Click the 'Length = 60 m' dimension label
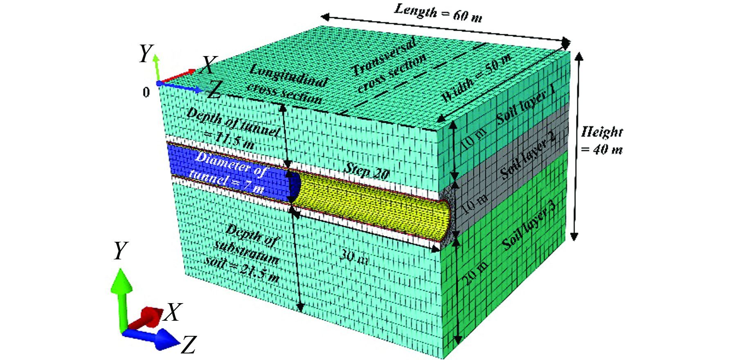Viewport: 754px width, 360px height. pos(437,13)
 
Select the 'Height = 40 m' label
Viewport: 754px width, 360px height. pos(601,140)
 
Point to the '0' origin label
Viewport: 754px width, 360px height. pos(146,92)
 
